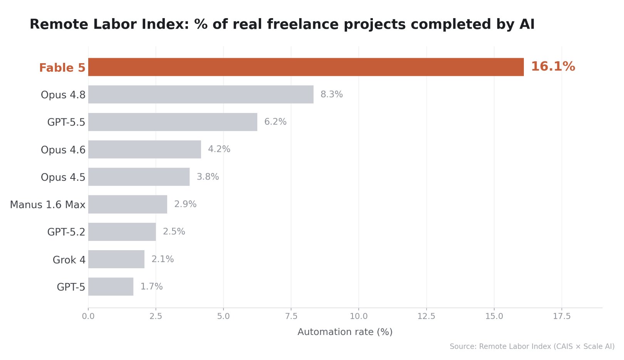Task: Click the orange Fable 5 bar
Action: tap(306, 67)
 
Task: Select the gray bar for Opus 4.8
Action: tap(201, 94)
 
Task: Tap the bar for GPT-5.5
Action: tap(173, 122)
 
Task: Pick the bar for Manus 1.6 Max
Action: tap(127, 204)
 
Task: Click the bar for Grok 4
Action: tap(116, 259)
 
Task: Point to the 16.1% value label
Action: tap(553, 67)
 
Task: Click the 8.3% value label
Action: tap(332, 94)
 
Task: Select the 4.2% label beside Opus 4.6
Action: tap(219, 149)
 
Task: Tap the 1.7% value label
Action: tap(151, 286)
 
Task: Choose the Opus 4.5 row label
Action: tap(63, 177)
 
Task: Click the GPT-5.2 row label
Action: tap(66, 232)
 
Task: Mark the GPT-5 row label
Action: tap(71, 287)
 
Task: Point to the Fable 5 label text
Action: tap(62, 68)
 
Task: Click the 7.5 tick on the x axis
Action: tap(291, 316)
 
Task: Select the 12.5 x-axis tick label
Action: tap(426, 316)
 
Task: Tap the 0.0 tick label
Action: tap(88, 316)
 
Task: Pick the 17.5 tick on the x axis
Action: tap(562, 316)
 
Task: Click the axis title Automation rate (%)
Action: tap(345, 332)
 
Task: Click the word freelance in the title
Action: tap(302, 24)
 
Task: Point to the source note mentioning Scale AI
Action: tap(532, 347)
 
